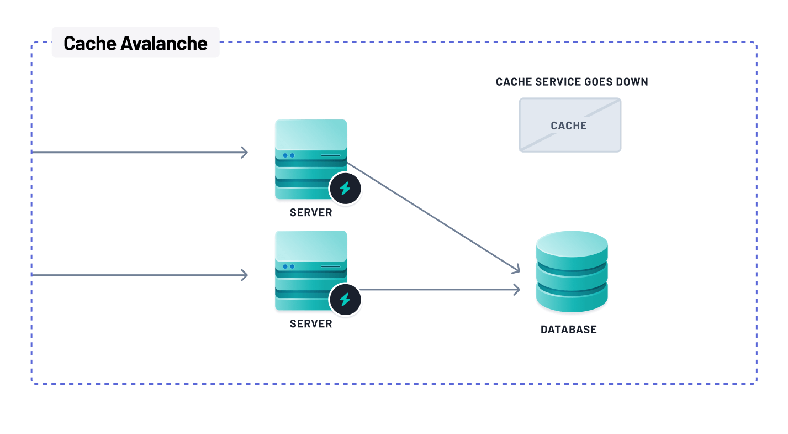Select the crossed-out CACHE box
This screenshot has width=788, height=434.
point(570,125)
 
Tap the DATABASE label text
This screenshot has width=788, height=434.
point(568,330)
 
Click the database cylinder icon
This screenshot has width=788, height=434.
point(572,272)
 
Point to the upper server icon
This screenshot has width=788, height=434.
point(311,159)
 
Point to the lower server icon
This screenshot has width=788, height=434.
point(311,270)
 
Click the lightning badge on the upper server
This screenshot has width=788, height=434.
point(345,189)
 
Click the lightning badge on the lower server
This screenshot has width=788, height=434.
point(345,300)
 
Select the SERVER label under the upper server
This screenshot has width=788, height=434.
point(311,213)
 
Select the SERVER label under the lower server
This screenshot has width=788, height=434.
point(311,324)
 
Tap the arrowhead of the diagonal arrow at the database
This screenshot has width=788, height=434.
point(517,270)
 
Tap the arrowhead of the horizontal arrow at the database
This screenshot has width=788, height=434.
point(517,289)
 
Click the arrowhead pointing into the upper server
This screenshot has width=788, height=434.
point(244,152)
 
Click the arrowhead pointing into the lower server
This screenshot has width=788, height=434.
point(244,275)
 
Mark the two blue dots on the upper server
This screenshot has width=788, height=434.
point(289,155)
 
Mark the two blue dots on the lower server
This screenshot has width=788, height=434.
point(289,266)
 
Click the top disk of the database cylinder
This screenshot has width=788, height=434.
point(572,243)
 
